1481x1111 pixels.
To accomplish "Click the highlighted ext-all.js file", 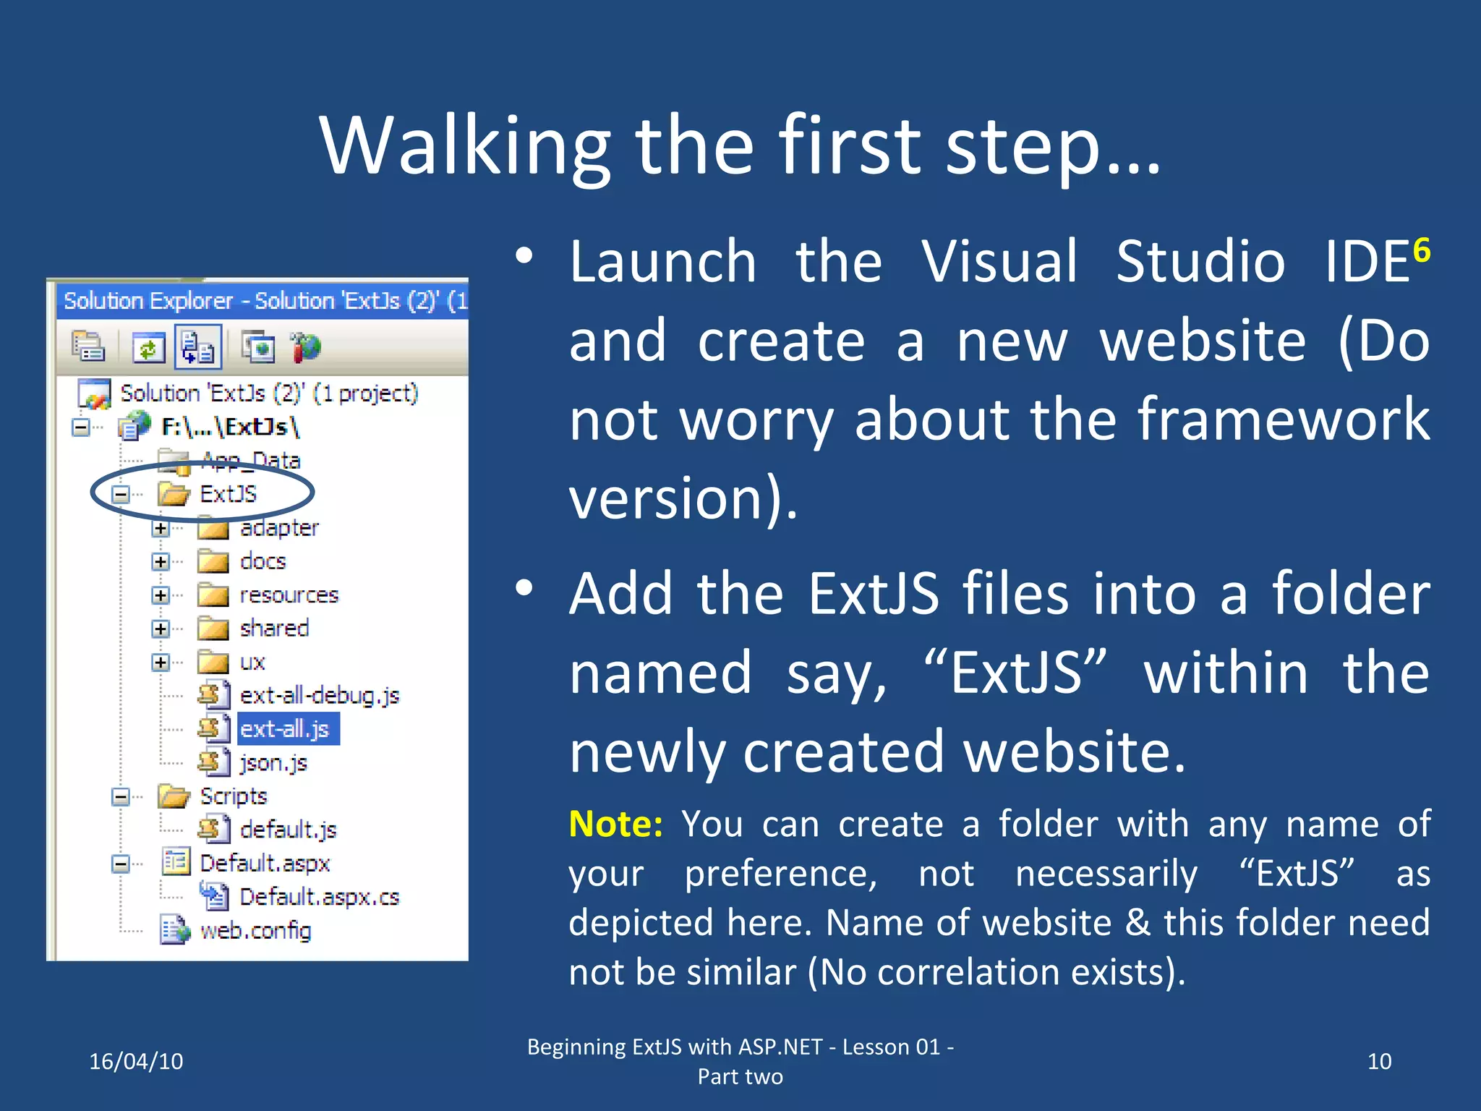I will pos(285,729).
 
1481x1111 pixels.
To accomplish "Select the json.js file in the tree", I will pos(273,762).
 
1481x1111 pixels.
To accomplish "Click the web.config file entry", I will pos(255,930).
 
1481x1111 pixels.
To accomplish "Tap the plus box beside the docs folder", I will pos(161,562).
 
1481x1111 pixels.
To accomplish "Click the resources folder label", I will pos(289,595).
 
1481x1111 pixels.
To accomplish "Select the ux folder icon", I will pos(213,662).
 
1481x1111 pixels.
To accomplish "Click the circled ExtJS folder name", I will pos(228,494).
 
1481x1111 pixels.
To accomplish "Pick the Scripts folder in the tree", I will pos(233,796).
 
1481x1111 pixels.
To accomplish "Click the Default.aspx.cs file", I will pos(319,897).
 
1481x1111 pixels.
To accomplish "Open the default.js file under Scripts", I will pos(288,830).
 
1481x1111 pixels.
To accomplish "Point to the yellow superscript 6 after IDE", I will pos(1421,251).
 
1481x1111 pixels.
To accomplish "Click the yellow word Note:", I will pos(615,824).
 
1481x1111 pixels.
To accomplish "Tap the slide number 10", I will pos(1379,1061).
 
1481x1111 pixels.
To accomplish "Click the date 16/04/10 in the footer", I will pos(136,1061).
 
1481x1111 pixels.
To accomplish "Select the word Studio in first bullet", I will pos(1200,261).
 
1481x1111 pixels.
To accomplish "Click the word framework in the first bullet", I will pos(1284,419).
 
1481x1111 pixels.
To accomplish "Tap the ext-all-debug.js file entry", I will pos(319,696).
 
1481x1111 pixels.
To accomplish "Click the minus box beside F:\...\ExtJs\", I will pos(81,427).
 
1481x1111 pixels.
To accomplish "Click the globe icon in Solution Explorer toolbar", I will pos(306,348).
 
